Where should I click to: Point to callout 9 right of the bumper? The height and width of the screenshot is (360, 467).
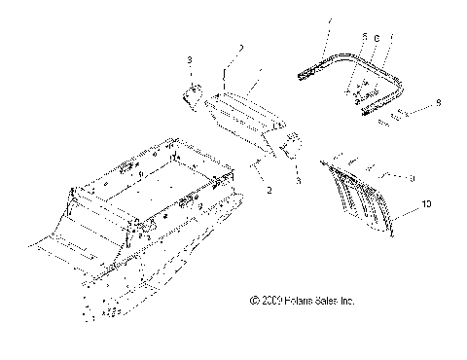pyautogui.click(x=439, y=100)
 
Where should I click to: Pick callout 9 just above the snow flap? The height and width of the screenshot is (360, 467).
pyautogui.click(x=413, y=178)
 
